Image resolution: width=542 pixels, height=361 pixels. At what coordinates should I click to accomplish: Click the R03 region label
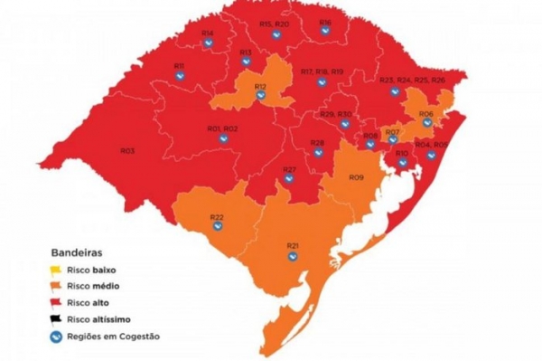[127, 150]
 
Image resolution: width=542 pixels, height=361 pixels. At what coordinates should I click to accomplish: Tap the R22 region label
[217, 216]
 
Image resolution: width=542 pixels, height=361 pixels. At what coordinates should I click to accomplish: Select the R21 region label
[293, 245]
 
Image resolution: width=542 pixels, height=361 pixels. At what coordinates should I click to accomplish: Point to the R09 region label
[356, 178]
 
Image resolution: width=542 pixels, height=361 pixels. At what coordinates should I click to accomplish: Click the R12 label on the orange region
[260, 87]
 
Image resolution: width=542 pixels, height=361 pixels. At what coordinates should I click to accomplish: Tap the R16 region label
[325, 23]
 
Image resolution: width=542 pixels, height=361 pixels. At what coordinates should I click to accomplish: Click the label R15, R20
[274, 24]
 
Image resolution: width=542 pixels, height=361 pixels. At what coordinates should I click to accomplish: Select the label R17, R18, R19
[322, 71]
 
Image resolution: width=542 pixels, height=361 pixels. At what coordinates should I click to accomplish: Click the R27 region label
[289, 170]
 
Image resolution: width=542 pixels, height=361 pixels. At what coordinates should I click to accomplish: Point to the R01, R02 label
[222, 129]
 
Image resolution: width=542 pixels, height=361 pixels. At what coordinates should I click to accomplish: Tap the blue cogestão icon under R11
[180, 76]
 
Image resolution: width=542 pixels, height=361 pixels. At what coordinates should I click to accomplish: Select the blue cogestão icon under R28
[318, 153]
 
